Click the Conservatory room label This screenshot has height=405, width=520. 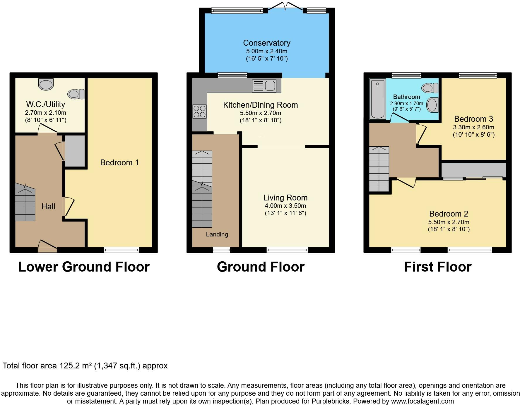point(266,43)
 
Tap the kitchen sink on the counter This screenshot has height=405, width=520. point(264,86)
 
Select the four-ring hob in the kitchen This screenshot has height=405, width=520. point(199,111)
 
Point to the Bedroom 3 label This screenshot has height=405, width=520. point(473,119)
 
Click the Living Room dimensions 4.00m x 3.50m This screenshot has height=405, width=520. point(285,206)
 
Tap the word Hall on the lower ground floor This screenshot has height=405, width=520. point(48,207)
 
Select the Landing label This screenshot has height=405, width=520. point(217,234)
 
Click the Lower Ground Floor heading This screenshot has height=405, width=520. point(84,267)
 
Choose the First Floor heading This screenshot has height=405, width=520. point(437,267)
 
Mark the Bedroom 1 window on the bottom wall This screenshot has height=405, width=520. point(122,250)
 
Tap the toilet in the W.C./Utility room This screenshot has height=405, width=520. point(76,94)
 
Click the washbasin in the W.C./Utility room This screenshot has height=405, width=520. point(46,84)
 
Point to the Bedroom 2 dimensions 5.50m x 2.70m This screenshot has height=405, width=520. point(449,222)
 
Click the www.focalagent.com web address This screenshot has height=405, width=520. point(422,401)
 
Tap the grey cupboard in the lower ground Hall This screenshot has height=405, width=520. point(75,151)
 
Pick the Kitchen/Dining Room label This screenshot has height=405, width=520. point(260,105)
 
